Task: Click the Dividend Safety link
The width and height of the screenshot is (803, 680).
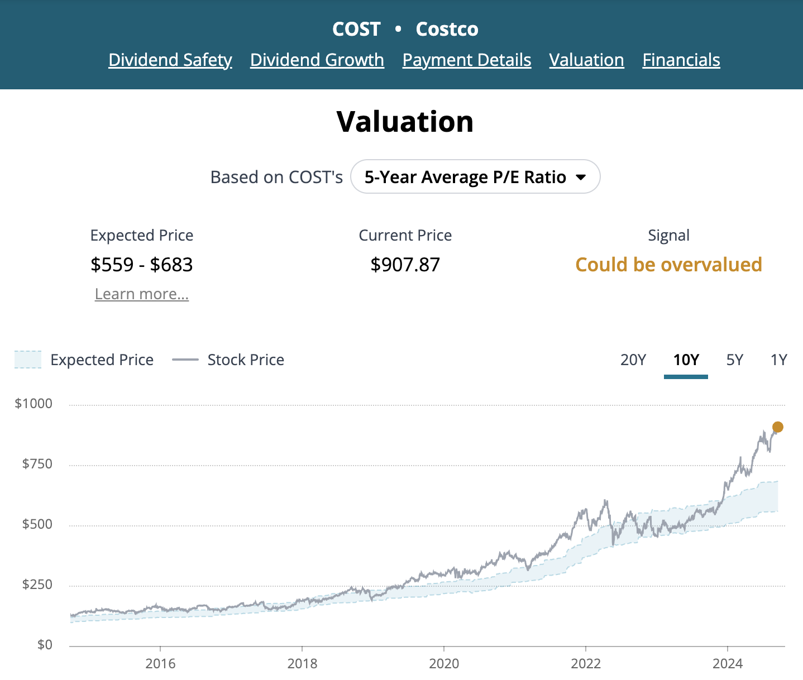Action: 170,60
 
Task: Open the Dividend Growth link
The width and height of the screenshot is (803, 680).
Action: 317,60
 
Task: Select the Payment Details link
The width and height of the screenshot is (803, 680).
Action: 467,60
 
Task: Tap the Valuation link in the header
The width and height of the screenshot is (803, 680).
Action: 586,60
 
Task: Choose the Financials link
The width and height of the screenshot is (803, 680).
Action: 681,60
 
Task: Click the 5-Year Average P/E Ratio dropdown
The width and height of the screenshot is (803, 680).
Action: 475,177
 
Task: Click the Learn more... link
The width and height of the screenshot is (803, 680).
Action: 142,294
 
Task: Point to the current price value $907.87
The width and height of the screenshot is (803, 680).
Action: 405,265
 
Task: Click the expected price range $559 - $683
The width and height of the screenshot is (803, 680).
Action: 142,265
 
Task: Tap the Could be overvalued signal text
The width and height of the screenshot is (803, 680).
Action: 668,265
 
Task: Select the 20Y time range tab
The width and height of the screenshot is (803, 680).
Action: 633,360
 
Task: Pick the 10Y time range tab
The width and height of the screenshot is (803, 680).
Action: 686,360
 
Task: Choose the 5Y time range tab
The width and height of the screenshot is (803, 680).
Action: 735,360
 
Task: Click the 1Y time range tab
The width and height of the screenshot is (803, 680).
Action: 778,360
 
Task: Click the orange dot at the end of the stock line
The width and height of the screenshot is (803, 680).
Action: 777,427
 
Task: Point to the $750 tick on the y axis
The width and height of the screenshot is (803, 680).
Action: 37,464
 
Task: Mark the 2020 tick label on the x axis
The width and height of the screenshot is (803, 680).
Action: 444,663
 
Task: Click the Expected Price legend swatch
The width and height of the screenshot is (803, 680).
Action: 28,360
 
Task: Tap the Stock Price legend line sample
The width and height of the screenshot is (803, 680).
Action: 185,360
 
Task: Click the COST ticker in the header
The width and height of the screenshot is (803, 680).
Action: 356,29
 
